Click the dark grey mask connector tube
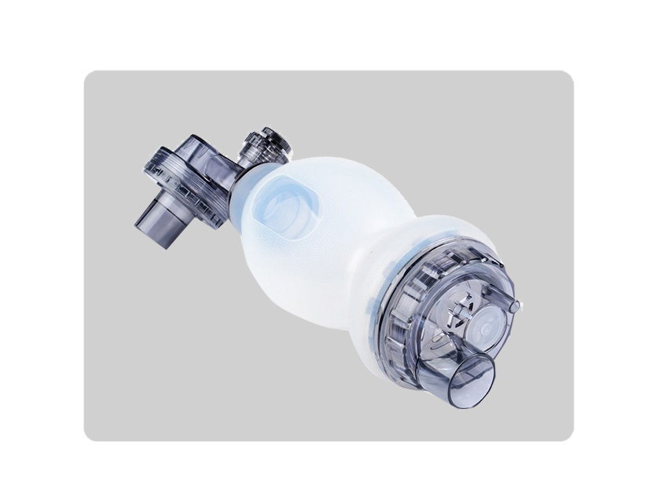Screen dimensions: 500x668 click(x=156, y=225)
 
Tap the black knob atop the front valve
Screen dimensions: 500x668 click(x=276, y=142)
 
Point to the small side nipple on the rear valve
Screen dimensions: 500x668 click(x=513, y=304)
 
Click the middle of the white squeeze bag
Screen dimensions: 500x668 click(x=314, y=235)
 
